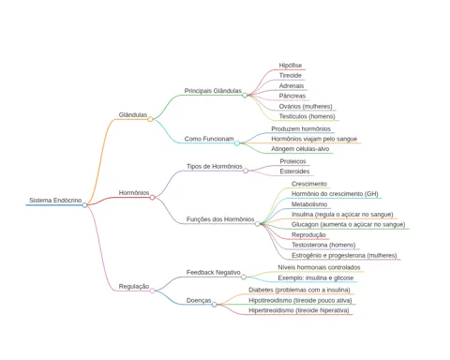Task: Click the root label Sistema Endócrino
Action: tap(55, 201)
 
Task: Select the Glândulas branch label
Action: tap(133, 114)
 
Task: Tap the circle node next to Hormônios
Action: tap(152, 197)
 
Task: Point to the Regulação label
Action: tap(134, 287)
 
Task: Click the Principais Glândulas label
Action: tap(213, 91)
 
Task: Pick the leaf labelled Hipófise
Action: tap(291, 66)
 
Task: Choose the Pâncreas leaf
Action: tap(292, 96)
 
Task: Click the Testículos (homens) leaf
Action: tap(307, 116)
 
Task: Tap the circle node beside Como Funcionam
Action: tap(237, 143)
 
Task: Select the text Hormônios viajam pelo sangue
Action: tap(314, 139)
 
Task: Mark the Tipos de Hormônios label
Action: tap(215, 166)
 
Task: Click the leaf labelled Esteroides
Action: tap(294, 172)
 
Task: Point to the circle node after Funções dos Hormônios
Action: tap(257, 224)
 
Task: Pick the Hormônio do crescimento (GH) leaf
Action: tap(335, 194)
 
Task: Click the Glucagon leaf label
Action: tap(348, 224)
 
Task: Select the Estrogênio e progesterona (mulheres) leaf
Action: tap(344, 255)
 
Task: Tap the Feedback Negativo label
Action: tap(214, 273)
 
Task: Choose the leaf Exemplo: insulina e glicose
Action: tap(316, 277)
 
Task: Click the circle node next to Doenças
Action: tap(214, 305)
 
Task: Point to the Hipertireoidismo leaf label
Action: tap(299, 310)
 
